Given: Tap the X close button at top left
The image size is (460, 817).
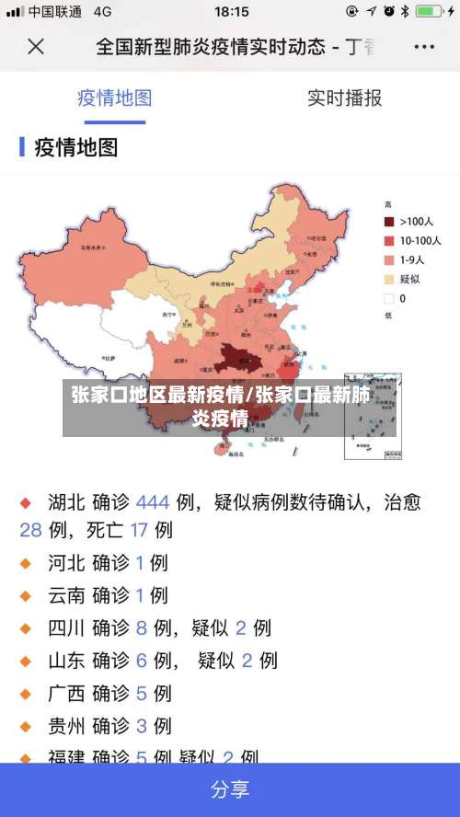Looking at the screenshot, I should click(36, 46).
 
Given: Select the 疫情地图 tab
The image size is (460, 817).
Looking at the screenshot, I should click(114, 98).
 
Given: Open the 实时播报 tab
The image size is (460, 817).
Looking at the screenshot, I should click(344, 98).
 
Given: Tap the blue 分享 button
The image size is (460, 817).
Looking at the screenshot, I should click(230, 789).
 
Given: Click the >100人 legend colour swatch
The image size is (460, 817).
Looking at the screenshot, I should click(389, 221).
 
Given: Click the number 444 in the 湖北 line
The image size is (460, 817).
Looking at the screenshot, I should click(153, 502).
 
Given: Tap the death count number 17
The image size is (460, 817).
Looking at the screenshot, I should click(139, 530).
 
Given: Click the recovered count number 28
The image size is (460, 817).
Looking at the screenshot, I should click(31, 530).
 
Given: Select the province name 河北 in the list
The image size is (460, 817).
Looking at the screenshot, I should click(67, 562).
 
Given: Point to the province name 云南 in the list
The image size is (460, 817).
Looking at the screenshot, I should click(67, 595).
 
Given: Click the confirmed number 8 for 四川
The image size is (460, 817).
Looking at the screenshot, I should click(142, 628).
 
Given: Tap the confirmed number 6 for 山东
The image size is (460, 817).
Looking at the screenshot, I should click(142, 660).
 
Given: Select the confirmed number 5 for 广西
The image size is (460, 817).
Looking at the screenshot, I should click(142, 693).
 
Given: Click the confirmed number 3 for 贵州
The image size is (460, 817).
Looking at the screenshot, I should click(142, 726).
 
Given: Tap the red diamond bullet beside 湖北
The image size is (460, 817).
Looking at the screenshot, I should click(27, 502).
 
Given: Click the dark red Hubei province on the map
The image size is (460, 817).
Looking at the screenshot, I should click(240, 356).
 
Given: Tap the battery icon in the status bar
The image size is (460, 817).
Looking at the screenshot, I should click(430, 12).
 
